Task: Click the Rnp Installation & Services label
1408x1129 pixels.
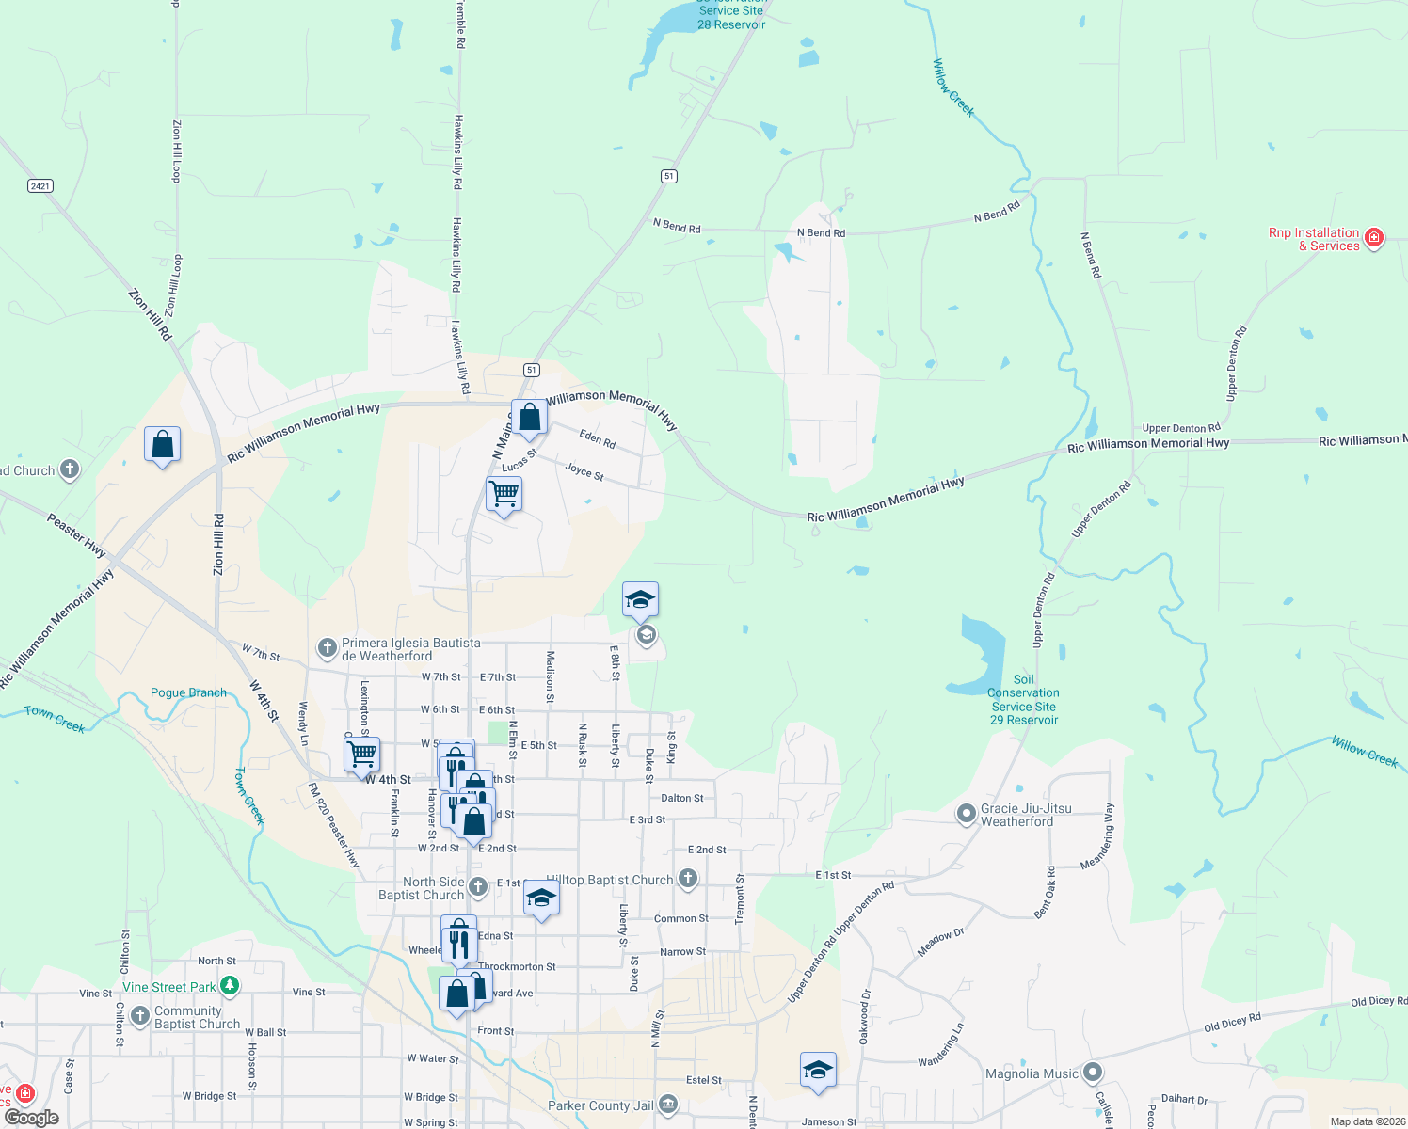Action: [1314, 239]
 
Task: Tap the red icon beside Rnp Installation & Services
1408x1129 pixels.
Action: [1374, 237]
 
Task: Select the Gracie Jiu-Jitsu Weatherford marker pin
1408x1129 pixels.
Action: [967, 814]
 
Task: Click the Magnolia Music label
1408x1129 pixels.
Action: [1032, 1073]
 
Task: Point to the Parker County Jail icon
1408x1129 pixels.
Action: [668, 1104]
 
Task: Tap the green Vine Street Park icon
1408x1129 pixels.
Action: [230, 986]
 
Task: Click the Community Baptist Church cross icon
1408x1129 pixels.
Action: [140, 1016]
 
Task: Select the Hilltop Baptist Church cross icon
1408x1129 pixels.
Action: [688, 879]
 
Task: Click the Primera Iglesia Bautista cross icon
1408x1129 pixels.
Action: [327, 647]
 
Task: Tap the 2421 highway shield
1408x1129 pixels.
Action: [40, 186]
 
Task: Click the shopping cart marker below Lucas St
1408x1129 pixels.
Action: [504, 494]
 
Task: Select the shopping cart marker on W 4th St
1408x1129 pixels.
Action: [361, 755]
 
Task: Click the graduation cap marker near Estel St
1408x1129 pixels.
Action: [818, 1070]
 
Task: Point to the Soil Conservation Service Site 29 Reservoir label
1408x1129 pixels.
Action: [1024, 699]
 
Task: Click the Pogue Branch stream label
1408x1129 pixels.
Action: [188, 692]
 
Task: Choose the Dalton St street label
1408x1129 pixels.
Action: [682, 798]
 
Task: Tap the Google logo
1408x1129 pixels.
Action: [32, 1118]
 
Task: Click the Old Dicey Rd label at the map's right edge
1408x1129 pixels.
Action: [1378, 1002]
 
